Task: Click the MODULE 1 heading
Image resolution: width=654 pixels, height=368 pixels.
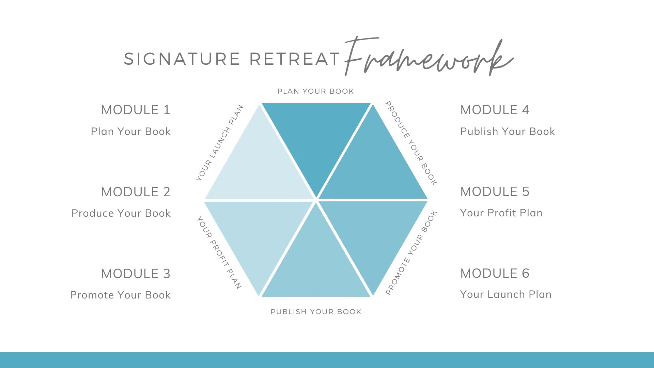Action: (136, 110)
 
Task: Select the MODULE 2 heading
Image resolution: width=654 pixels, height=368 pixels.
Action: (136, 192)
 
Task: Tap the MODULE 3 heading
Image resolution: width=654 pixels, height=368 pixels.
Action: (136, 274)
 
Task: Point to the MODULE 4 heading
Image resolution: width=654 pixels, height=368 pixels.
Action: (495, 110)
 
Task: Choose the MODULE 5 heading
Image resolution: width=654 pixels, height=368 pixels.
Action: (495, 191)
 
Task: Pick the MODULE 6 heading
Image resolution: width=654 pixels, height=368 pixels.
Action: (495, 273)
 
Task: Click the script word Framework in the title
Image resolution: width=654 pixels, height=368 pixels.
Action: (429, 57)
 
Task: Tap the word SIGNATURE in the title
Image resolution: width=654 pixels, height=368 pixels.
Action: (182, 59)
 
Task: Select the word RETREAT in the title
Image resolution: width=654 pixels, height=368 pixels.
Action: (295, 59)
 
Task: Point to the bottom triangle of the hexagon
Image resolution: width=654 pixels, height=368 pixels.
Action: (316, 262)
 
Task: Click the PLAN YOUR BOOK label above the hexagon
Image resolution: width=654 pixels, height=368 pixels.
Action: (316, 91)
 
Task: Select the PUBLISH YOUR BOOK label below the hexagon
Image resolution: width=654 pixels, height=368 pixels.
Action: (316, 312)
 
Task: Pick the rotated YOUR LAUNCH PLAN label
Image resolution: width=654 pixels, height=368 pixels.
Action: (220, 142)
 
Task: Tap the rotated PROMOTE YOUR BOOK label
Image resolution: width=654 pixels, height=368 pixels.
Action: (411, 252)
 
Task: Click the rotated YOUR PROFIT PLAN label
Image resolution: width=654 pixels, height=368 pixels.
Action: (219, 252)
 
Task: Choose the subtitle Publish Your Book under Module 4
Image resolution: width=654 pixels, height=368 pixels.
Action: (508, 132)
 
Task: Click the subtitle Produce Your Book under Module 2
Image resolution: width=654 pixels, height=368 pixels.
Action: (121, 213)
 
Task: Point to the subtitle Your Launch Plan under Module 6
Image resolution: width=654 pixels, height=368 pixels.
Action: (506, 294)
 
